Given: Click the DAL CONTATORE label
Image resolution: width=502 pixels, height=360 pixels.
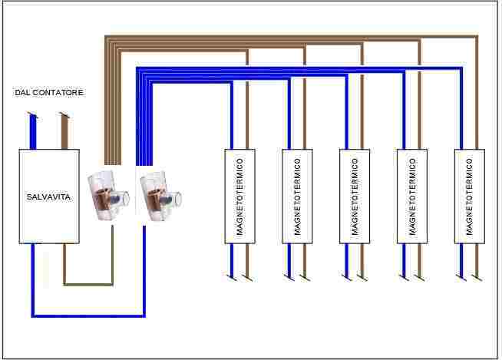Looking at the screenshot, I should pyautogui.click(x=49, y=93).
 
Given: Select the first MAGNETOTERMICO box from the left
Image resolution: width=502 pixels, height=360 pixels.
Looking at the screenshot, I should pyautogui.click(x=239, y=196).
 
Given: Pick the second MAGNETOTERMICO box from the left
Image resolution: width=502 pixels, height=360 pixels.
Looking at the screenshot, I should pyautogui.click(x=297, y=196).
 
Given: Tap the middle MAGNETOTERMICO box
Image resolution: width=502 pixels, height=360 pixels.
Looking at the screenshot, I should pyautogui.click(x=355, y=196).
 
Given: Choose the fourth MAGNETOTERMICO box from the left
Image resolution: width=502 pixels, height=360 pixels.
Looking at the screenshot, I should pyautogui.click(x=412, y=196).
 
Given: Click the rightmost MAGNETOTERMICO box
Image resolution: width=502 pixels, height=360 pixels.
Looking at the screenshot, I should pyautogui.click(x=470, y=196).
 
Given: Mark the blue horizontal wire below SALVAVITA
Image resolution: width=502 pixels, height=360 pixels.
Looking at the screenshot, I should pyautogui.click(x=88, y=315).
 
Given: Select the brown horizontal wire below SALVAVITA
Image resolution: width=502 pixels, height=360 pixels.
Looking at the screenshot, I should pyautogui.click(x=88, y=283).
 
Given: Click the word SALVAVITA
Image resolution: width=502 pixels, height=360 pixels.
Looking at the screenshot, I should pyautogui.click(x=49, y=197).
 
